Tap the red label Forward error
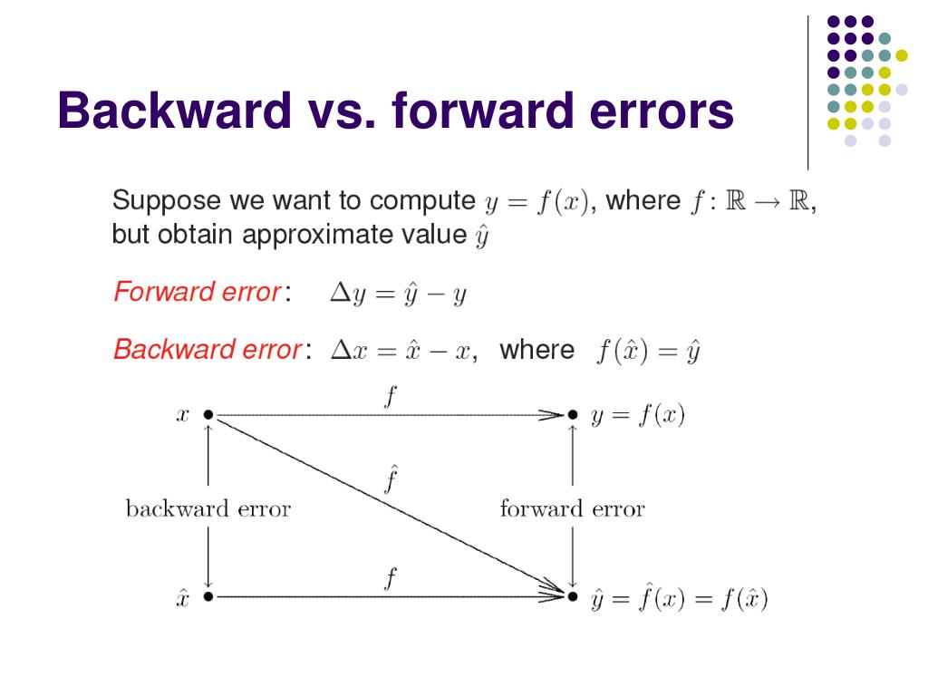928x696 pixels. click(197, 294)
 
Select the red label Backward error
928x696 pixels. click(207, 350)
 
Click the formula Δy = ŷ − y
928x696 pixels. click(397, 295)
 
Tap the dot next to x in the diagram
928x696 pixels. click(208, 415)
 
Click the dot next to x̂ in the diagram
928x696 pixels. click(208, 596)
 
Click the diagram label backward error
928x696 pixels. click(208, 508)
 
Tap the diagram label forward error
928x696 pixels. click(572, 508)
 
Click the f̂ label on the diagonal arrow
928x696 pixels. click(390, 478)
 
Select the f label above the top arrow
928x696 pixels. click(390, 396)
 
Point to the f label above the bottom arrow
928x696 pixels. click(390, 577)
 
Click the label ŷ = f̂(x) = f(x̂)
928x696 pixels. click(680, 599)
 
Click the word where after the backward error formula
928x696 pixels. click(536, 350)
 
